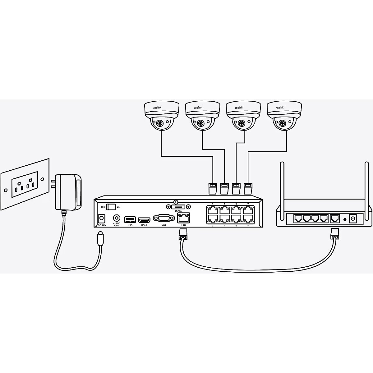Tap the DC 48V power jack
[x=101, y=218]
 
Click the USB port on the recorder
[x=130, y=219]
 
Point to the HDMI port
[x=144, y=219]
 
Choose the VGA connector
[x=164, y=219]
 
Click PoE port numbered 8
[x=248, y=218]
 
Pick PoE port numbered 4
[x=224, y=218]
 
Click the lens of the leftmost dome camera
[x=159, y=123]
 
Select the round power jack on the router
[x=353, y=219]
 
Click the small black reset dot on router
[x=344, y=219]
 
